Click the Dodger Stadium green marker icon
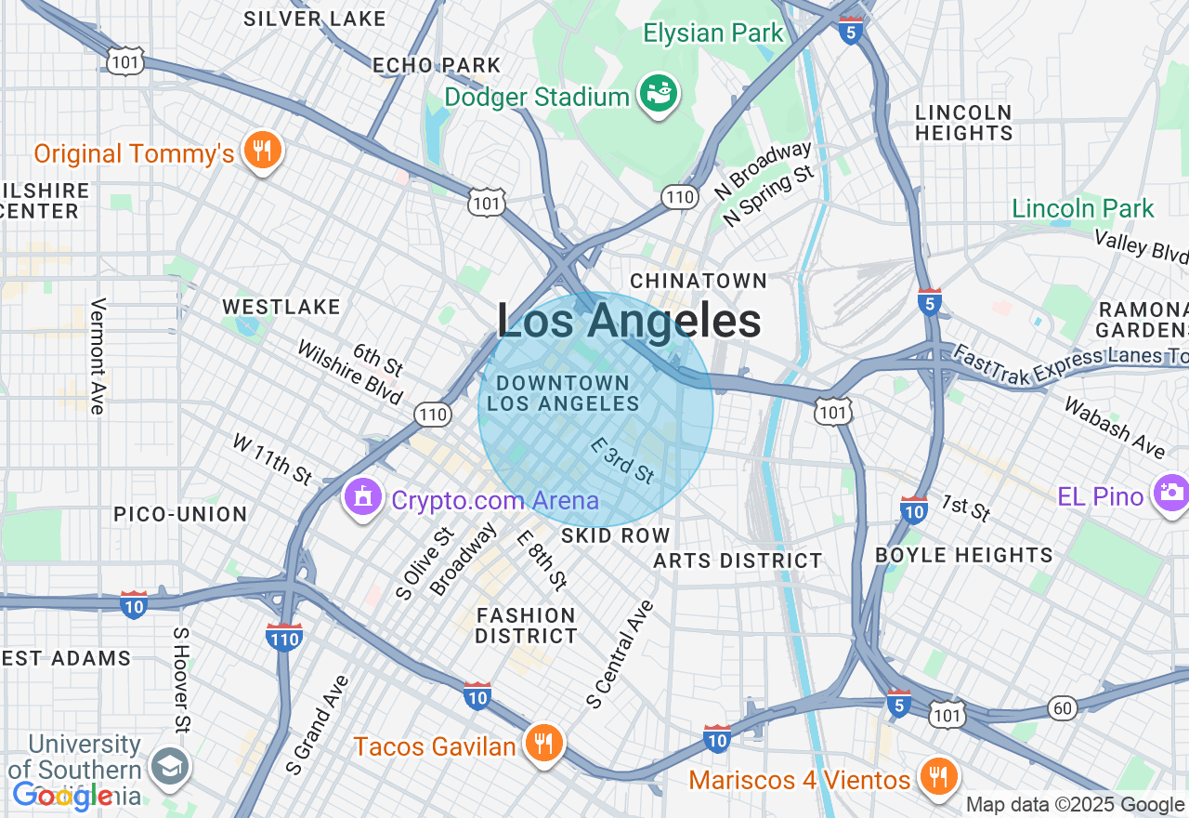[659, 95]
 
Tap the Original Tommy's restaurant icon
[262, 151]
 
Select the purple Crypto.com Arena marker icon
[363, 498]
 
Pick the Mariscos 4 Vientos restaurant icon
[938, 777]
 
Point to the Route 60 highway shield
[1064, 708]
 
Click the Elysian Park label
[713, 33]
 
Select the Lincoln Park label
[1082, 208]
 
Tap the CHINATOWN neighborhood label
[699, 281]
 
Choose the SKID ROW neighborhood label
[615, 535]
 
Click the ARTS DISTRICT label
[738, 561]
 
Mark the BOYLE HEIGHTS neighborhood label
[964, 555]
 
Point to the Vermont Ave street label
[98, 356]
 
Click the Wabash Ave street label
[1113, 428]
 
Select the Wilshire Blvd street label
[349, 372]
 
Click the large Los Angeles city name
[629, 322]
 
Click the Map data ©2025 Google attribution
[1075, 805]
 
